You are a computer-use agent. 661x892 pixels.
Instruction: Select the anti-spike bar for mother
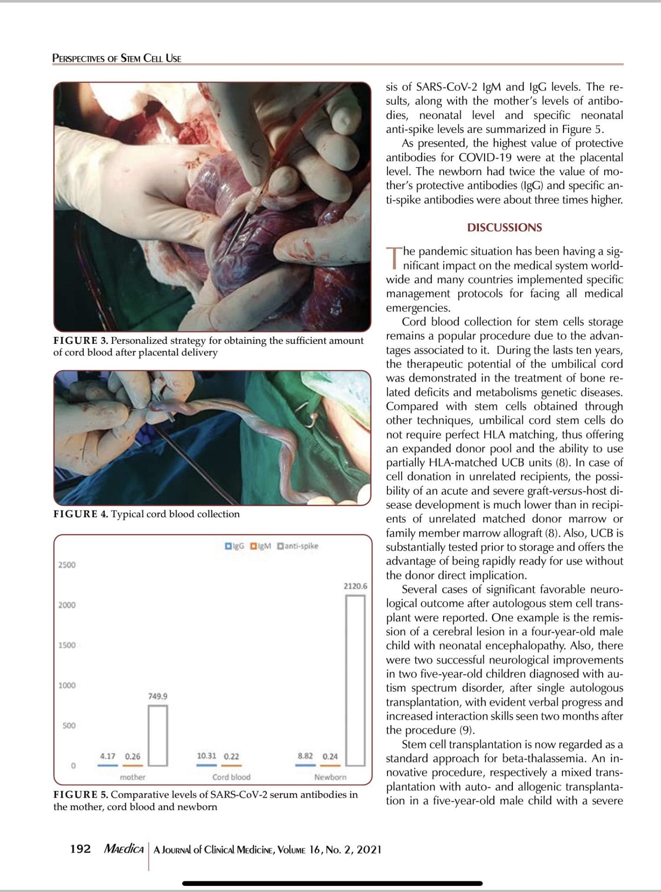click(x=158, y=735)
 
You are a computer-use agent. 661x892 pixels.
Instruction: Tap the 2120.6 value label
click(x=355, y=586)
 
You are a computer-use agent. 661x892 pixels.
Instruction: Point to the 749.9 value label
click(x=158, y=696)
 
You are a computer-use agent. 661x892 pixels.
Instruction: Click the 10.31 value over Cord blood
click(x=207, y=756)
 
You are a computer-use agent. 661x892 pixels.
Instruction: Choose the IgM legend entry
click(x=261, y=546)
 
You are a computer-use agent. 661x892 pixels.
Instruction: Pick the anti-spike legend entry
click(x=298, y=546)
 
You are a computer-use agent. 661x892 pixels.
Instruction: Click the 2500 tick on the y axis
click(x=67, y=565)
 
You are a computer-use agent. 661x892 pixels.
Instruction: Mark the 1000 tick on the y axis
click(x=67, y=685)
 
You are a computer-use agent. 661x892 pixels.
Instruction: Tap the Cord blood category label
click(x=231, y=777)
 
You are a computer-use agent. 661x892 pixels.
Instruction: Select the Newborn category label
click(x=330, y=777)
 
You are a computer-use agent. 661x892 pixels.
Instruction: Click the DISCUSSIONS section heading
click(x=504, y=228)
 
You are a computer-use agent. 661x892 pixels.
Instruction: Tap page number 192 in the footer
click(x=80, y=849)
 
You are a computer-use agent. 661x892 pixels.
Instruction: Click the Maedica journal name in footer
click(x=124, y=849)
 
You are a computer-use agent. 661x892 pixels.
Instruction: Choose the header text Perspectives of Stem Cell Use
click(x=117, y=59)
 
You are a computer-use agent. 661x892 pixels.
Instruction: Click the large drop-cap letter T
click(x=393, y=258)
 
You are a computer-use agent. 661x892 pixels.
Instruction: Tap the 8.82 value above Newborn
click(x=305, y=756)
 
